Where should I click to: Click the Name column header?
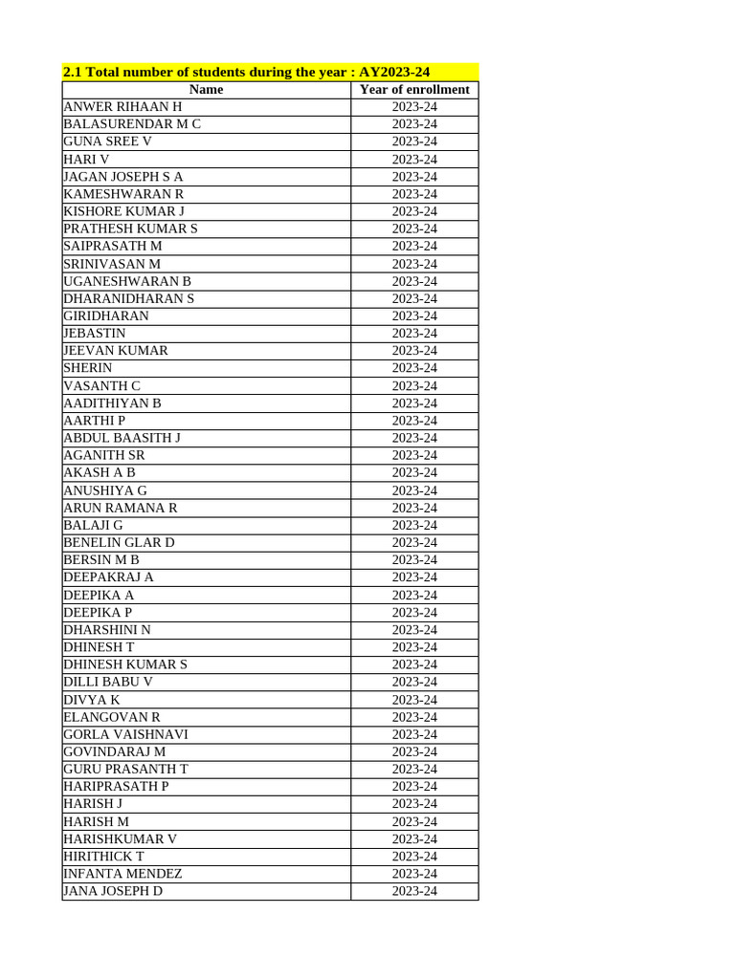206,90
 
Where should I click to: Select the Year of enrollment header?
414,90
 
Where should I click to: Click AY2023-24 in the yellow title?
394,72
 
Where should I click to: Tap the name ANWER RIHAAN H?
122,107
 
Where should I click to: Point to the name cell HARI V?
86,160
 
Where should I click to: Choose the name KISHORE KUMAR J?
123,211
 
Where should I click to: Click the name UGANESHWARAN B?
127,281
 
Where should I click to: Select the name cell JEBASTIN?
94,334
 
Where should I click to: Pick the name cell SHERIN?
87,368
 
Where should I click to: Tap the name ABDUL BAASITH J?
122,438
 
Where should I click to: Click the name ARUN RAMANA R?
120,508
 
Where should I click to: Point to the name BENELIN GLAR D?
119,542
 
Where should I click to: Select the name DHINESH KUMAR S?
125,664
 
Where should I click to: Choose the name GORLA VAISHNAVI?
125,734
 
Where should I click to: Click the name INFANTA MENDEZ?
122,874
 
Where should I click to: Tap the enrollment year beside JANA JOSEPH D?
414,891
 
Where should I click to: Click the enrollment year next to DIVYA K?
414,700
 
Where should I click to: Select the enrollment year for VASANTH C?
414,386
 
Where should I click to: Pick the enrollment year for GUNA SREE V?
414,141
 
